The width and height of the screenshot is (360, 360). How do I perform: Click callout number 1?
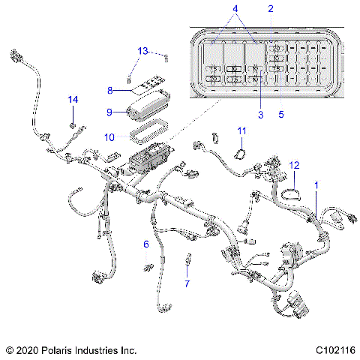(x=316, y=184)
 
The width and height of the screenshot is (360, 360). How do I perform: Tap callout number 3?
(x=259, y=114)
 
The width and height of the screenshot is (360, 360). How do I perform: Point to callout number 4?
(x=235, y=9)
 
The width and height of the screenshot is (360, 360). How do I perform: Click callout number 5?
(x=281, y=114)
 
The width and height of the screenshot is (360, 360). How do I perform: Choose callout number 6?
(x=146, y=244)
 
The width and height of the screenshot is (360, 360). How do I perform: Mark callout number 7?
(x=187, y=283)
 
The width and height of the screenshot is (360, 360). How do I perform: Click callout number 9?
(x=109, y=112)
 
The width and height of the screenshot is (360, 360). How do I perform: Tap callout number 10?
(x=109, y=137)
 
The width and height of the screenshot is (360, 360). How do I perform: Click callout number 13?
(x=143, y=50)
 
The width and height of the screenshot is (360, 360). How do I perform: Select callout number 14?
(x=73, y=99)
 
